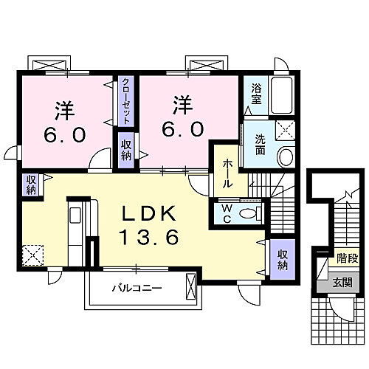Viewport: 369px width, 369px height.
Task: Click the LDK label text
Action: [x=149, y=213]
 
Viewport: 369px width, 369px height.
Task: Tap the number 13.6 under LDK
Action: [x=149, y=236]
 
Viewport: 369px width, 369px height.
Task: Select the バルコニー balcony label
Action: [x=137, y=288]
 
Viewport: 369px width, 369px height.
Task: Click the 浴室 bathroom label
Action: [x=256, y=94]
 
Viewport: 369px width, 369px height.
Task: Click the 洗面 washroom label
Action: [x=260, y=145]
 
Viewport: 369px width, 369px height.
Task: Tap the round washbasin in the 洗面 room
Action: [x=286, y=156]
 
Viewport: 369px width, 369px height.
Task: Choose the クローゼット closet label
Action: [x=126, y=101]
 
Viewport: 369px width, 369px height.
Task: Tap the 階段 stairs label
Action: [x=348, y=258]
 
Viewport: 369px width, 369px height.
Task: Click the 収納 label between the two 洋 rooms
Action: [x=126, y=151]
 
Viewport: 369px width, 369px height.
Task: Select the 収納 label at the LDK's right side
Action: [x=283, y=260]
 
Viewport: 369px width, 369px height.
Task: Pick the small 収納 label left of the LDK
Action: [x=32, y=184]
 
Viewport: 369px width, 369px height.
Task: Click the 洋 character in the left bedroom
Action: [x=65, y=111]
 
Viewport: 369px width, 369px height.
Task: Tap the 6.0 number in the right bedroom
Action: [x=183, y=130]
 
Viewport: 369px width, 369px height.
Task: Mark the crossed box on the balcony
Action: [x=191, y=286]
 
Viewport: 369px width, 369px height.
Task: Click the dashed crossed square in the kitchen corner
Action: [x=33, y=255]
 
